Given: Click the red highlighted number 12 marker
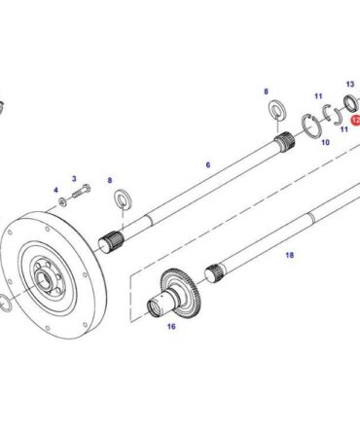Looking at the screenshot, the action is pos(356,121).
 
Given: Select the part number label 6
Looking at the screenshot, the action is pos(208,164).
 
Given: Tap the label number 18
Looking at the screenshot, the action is pos(290,255).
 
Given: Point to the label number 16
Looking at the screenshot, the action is pos(171,326).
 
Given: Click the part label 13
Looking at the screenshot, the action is pos(350,85).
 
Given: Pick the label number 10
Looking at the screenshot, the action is pos(325,142).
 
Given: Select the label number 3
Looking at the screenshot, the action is pos(74,179).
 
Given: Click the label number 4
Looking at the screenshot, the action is pos(55,190).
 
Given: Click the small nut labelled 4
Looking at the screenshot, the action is pos(62,201).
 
